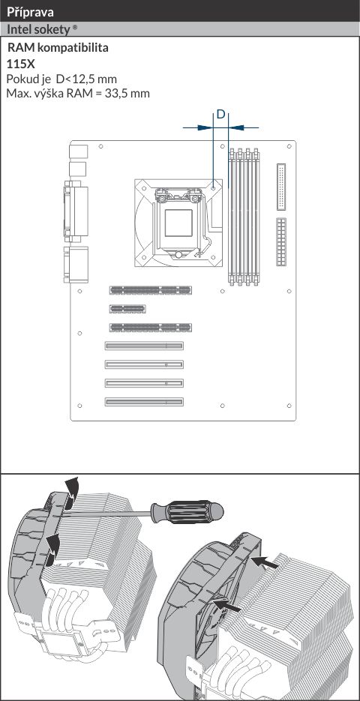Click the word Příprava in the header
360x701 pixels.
tap(30, 12)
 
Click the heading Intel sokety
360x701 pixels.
tap(38, 30)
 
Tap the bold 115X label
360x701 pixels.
tap(20, 64)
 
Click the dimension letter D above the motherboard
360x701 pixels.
tap(221, 115)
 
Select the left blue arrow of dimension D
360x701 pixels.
tap(198, 127)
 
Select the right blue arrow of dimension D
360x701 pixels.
tap(244, 127)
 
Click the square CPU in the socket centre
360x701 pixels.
tap(178, 223)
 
